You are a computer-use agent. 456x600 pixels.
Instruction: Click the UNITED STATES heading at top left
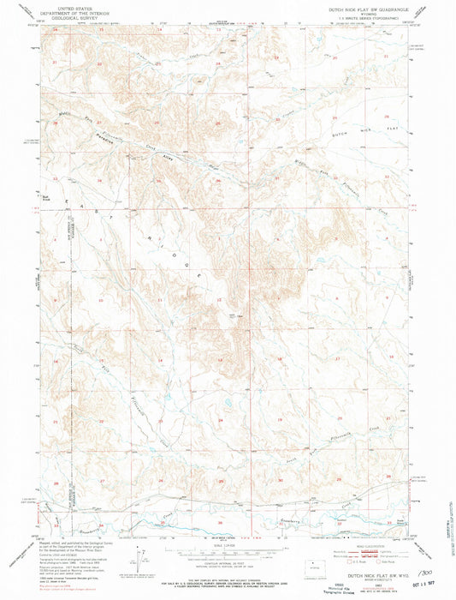tap(70, 5)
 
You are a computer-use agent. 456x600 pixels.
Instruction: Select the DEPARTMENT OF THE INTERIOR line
tap(70, 9)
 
